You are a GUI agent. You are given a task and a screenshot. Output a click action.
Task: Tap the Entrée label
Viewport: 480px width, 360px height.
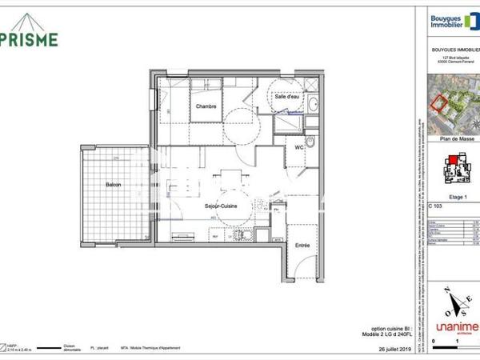click(302, 245)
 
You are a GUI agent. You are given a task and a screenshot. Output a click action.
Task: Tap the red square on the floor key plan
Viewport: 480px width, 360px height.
click(452, 160)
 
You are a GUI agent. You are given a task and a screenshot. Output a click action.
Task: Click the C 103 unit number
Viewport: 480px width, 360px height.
click(436, 206)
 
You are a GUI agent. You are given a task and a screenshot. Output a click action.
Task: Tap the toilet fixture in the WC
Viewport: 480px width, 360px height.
click(314, 143)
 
